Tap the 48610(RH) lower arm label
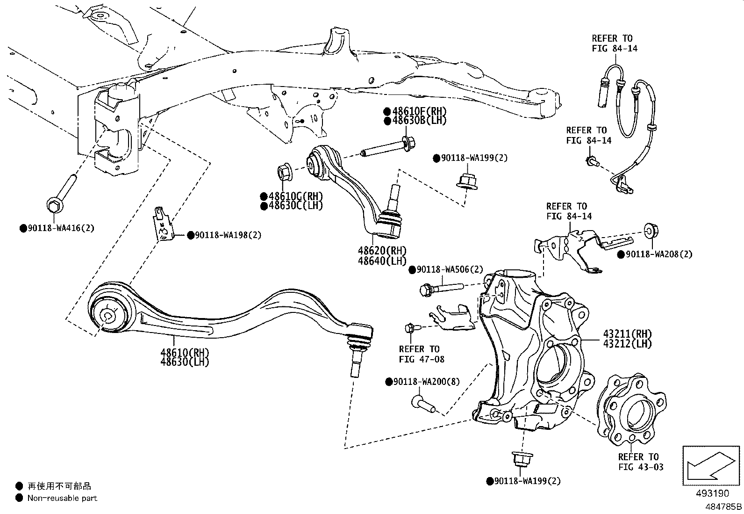click(185, 353)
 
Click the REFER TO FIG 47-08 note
click(419, 354)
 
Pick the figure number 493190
click(712, 493)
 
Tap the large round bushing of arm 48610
click(108, 315)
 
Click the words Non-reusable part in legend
click(62, 498)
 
